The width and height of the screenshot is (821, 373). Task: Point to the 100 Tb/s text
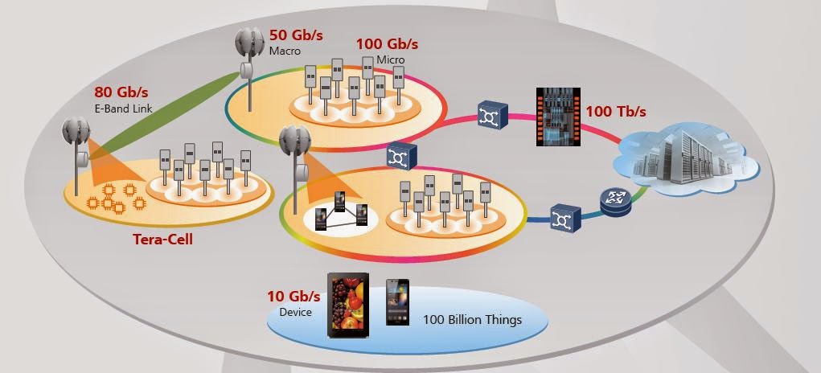tap(616, 109)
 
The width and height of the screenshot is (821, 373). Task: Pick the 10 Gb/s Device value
tap(293, 297)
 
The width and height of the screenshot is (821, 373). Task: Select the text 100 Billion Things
tap(472, 320)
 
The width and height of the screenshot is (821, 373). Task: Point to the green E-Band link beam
tap(161, 109)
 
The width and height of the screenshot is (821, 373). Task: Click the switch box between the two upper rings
tap(399, 155)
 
